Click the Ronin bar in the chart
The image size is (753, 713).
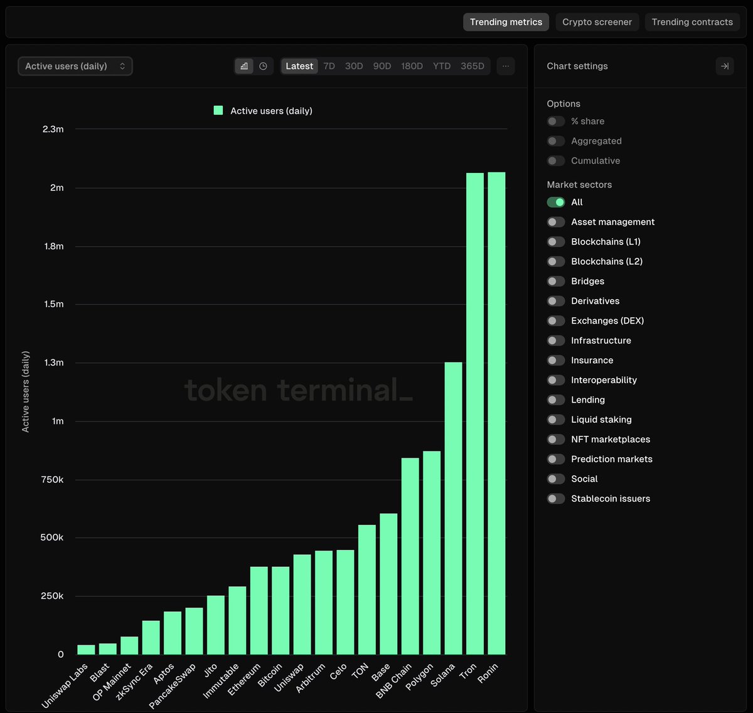[x=496, y=414]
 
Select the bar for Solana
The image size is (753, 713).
[x=453, y=508]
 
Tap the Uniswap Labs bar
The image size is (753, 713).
[x=86, y=650]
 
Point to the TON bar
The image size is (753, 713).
[x=367, y=589]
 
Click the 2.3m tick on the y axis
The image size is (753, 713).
[x=53, y=129]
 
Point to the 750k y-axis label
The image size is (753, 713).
[x=52, y=480]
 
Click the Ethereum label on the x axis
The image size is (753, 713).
[x=244, y=680]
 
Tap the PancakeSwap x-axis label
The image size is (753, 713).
[x=173, y=686]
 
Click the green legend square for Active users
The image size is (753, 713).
[x=218, y=110]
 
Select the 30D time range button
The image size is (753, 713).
[x=354, y=66]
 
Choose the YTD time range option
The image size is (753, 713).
[x=442, y=66]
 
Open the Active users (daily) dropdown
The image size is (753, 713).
[x=75, y=66]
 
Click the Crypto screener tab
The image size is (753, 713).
[x=597, y=22]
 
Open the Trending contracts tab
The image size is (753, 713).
[x=692, y=22]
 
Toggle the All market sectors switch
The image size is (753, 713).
[x=556, y=202]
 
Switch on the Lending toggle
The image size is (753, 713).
[x=556, y=399]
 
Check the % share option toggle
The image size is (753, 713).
[x=556, y=121]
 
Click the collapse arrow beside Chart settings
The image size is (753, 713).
[x=725, y=66]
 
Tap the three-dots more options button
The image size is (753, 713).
[x=506, y=66]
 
